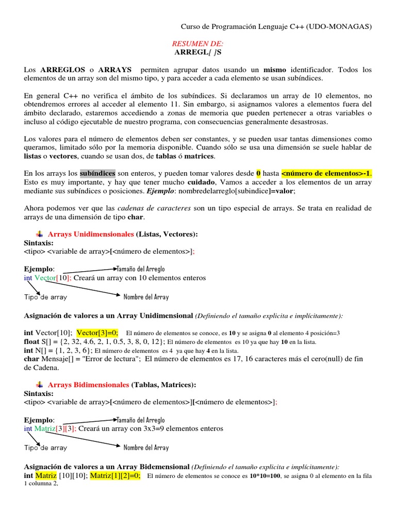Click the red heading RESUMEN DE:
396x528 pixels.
[x=197, y=44]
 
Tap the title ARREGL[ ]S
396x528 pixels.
[x=197, y=53]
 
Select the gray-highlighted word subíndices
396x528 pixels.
[x=97, y=173]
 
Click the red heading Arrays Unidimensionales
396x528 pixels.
[x=91, y=234]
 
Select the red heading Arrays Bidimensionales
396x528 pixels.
[x=88, y=385]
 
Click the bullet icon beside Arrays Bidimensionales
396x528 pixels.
[x=40, y=385]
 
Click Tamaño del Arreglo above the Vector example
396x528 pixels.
[x=141, y=269]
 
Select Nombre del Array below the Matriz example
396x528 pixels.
[x=146, y=448]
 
